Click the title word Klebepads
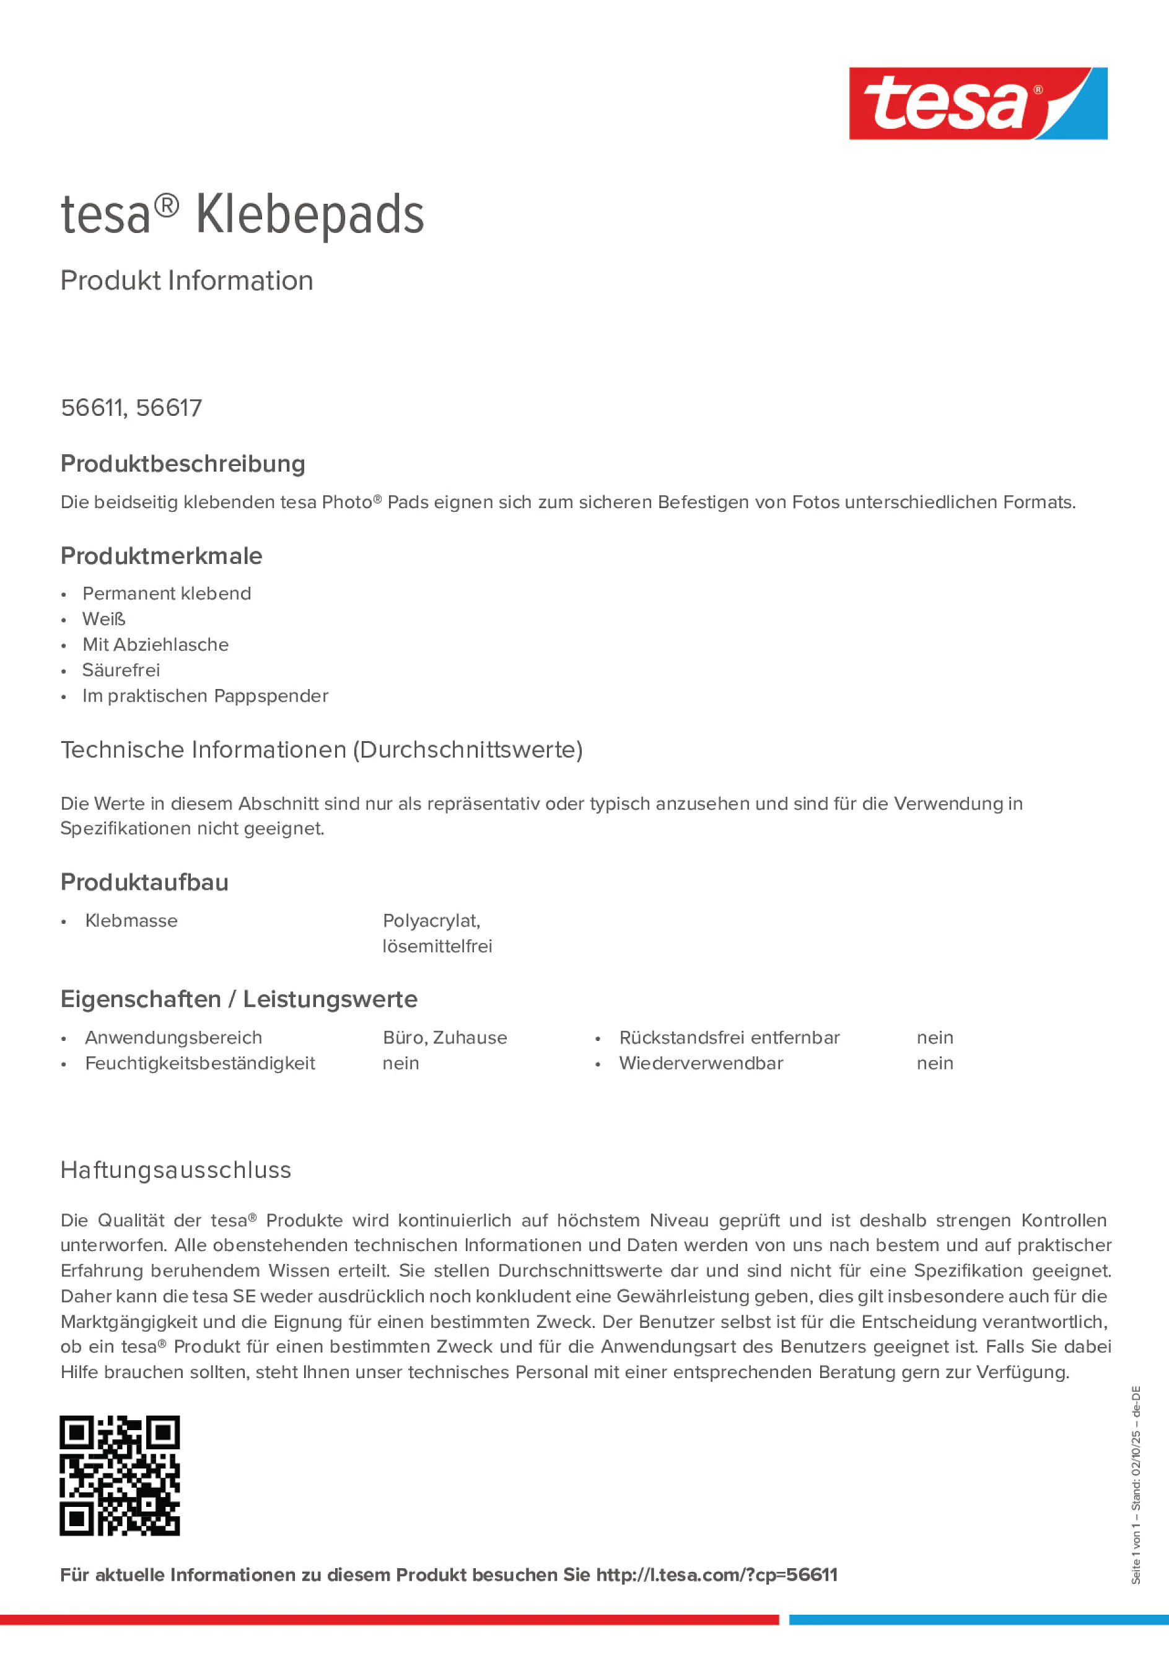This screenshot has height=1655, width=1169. (310, 215)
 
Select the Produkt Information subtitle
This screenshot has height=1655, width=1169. (186, 281)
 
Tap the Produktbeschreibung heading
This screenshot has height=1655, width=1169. (183, 463)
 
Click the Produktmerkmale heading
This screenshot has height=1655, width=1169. (162, 556)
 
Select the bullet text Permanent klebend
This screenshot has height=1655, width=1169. (167, 593)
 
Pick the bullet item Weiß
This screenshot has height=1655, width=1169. (104, 619)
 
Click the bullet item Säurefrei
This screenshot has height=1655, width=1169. (121, 670)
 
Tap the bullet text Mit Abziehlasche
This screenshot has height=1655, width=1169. (155, 644)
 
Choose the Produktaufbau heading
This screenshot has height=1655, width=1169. (144, 882)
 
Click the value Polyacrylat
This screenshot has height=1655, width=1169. (431, 921)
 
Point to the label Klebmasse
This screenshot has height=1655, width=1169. (131, 921)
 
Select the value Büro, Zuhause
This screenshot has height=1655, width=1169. (445, 1037)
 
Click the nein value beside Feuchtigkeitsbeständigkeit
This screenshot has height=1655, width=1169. (401, 1063)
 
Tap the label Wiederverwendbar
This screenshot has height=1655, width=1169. (701, 1063)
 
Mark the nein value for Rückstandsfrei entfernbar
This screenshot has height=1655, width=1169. (935, 1037)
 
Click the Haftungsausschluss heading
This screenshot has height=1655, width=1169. (176, 1170)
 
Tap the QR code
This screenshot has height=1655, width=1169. (120, 1475)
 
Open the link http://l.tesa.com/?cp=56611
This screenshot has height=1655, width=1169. (716, 1575)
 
